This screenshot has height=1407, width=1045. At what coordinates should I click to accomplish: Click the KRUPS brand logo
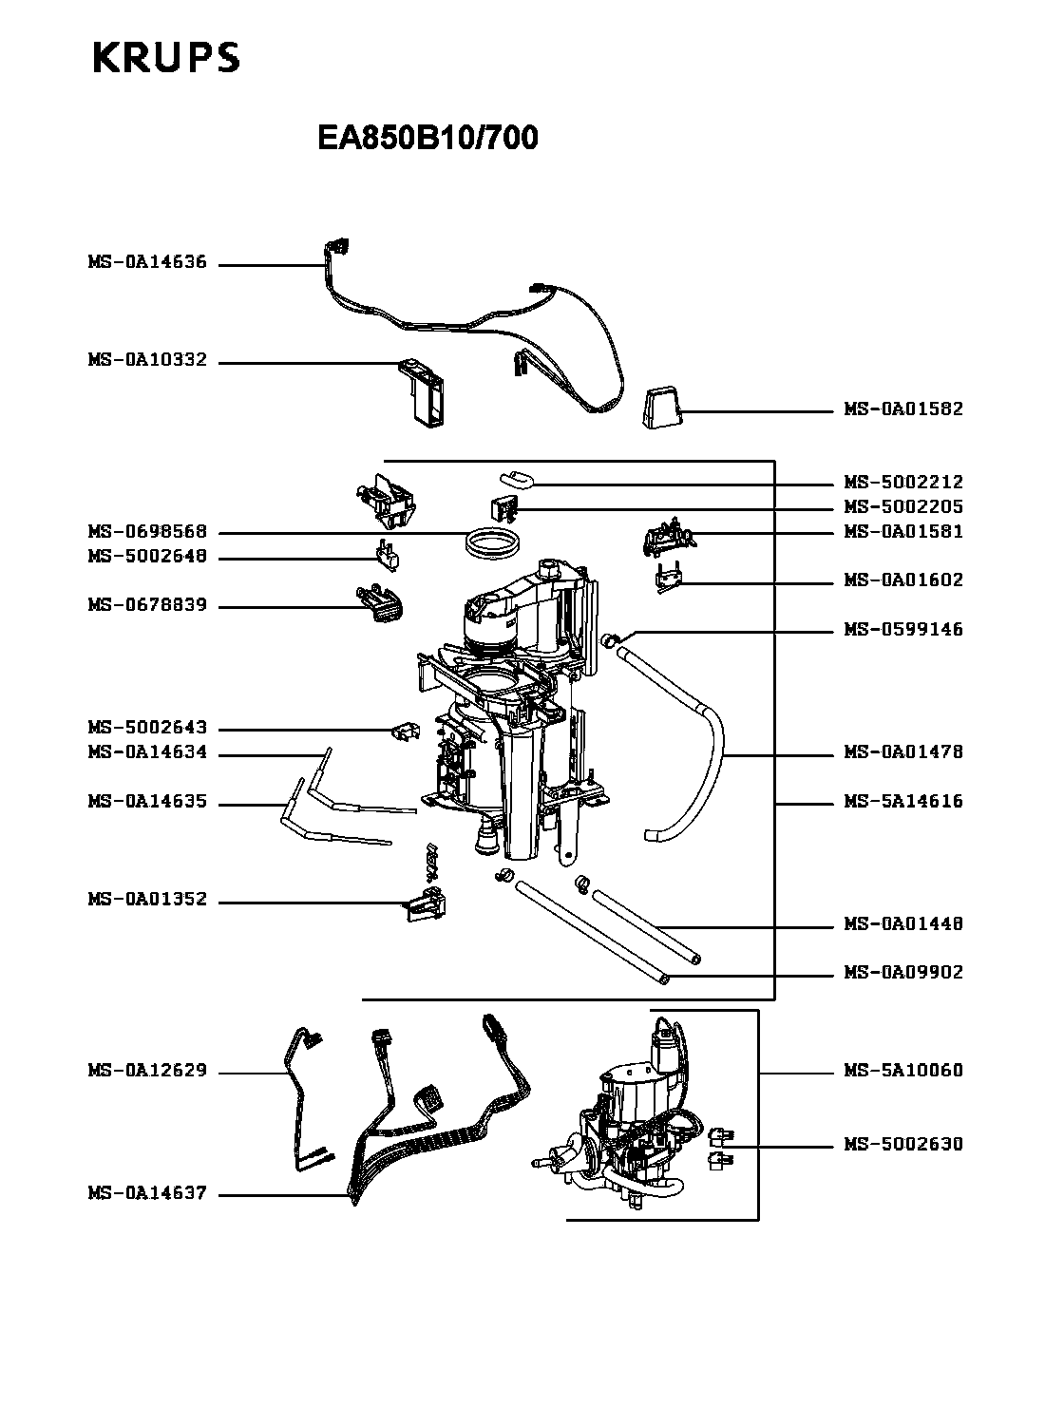(x=165, y=58)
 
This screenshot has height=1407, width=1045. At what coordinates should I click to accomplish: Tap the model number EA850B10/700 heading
(x=427, y=139)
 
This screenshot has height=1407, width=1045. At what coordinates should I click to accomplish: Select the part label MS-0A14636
(x=147, y=263)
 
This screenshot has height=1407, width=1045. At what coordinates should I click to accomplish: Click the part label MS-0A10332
(x=147, y=361)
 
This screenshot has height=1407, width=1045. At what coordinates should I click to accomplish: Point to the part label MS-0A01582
(x=903, y=409)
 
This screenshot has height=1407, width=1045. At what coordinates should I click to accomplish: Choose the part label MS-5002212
(x=903, y=483)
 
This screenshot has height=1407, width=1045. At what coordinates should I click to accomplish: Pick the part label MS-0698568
(x=147, y=532)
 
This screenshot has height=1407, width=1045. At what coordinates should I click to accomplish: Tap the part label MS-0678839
(x=147, y=605)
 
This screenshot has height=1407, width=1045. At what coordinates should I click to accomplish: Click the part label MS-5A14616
(x=903, y=802)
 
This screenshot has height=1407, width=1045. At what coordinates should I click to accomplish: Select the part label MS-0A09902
(x=903, y=973)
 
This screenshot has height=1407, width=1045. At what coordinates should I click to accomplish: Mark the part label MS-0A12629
(x=147, y=1072)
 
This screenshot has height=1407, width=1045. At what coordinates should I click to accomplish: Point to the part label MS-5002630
(x=903, y=1145)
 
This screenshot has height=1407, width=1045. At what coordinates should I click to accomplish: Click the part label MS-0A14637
(x=147, y=1194)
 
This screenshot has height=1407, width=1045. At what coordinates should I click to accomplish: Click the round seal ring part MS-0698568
(x=494, y=542)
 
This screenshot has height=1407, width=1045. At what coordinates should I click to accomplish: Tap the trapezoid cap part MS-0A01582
(x=662, y=409)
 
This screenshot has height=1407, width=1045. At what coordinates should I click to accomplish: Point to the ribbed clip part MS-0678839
(x=380, y=604)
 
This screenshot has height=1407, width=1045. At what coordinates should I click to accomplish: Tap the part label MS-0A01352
(x=147, y=900)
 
